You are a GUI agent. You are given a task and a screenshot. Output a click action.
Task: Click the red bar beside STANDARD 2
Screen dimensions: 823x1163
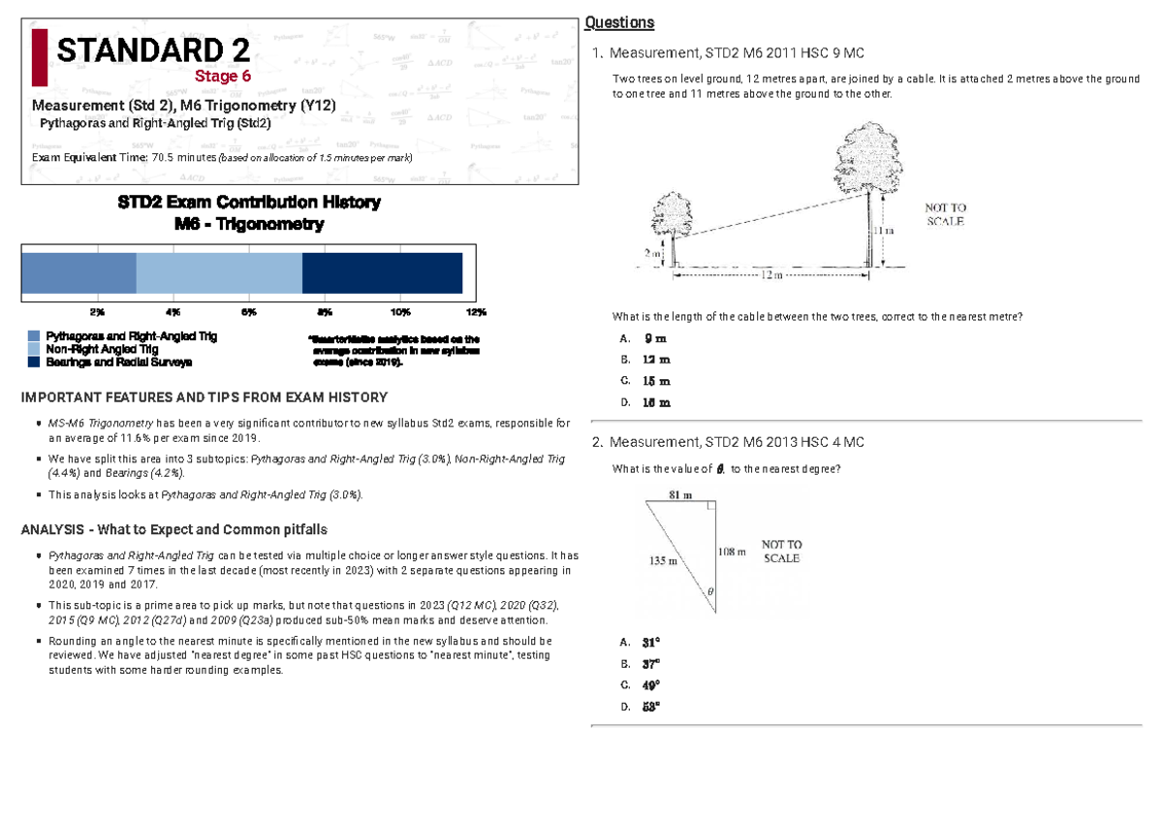pos(39,57)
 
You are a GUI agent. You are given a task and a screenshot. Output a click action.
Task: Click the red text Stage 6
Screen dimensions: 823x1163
pos(223,77)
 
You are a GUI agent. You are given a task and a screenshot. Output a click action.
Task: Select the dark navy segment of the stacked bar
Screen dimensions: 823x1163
pos(382,272)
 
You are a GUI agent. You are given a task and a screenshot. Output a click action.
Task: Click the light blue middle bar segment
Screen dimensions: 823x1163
pos(219,272)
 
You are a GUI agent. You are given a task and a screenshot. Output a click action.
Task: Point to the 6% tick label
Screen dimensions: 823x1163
pos(248,312)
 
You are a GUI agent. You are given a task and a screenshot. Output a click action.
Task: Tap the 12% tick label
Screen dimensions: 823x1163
pos(476,312)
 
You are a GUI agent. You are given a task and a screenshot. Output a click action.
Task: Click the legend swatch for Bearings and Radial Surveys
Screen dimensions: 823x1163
pos(34,362)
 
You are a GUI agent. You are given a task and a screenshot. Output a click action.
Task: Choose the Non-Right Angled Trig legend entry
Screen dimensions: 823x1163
pos(102,349)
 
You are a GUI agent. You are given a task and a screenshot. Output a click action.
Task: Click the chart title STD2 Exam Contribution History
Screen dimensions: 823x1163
pos(249,203)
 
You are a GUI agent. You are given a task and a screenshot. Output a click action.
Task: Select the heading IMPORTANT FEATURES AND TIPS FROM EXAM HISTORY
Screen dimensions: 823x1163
pos(204,397)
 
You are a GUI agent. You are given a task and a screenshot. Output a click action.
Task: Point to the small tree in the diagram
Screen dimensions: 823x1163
pos(672,218)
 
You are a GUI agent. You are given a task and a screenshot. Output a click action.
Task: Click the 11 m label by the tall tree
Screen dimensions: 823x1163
pos(883,231)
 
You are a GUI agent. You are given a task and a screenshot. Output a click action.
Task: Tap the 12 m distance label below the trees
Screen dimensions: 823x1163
pos(770,275)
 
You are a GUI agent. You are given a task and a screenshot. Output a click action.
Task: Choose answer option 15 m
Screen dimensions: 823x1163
pos(656,381)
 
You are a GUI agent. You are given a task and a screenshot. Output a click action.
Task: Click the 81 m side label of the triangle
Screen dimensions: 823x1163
pos(681,495)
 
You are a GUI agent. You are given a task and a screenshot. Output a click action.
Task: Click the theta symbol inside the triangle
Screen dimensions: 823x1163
pos(709,590)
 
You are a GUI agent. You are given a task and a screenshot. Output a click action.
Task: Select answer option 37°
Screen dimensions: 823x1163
pos(650,664)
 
